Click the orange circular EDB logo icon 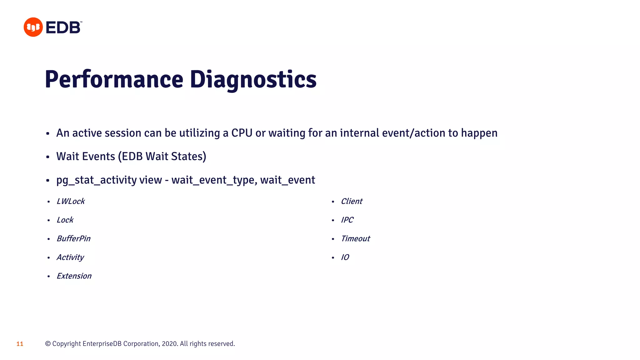point(33,27)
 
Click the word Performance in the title point(114,79)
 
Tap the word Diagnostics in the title point(253,79)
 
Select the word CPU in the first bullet point(242,133)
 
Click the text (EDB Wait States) point(162,157)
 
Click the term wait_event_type point(214,180)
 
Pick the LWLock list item point(71,201)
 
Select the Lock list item point(65,220)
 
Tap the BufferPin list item point(73,239)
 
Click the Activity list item point(70,257)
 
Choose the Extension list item point(74,276)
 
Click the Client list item point(352,201)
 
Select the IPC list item point(347,220)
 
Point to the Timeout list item point(355,239)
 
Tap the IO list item point(345,257)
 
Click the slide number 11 point(20,344)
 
